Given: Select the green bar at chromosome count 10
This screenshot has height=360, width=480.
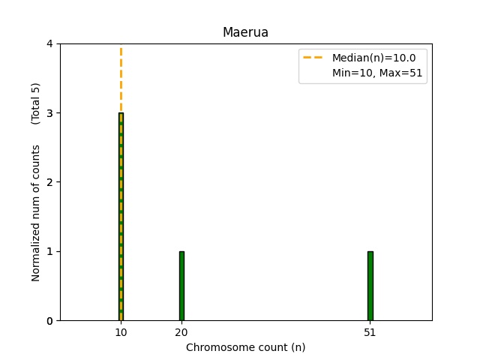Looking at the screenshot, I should (121, 217).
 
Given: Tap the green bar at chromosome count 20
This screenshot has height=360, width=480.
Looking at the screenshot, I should (181, 286).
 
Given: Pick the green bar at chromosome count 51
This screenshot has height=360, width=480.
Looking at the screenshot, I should (370, 286).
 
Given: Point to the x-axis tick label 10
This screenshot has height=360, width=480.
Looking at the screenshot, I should (121, 332).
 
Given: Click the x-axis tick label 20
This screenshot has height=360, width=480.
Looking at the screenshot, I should (181, 332).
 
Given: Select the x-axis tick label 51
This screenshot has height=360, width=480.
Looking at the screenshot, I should (370, 332).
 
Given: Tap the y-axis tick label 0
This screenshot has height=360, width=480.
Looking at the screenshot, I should (49, 321).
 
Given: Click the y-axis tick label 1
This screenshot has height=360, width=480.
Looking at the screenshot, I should (49, 251).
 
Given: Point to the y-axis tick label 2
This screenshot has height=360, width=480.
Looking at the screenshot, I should (49, 182).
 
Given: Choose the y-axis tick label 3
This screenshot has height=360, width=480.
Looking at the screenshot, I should (49, 113).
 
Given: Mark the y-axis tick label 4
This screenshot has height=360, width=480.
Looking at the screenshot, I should (49, 44).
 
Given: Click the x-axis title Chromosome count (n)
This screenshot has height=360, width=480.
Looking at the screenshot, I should (245, 347).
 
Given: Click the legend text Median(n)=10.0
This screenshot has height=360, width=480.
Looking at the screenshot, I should (368, 57).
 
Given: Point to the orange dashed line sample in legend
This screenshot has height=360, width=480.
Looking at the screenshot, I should (314, 57).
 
